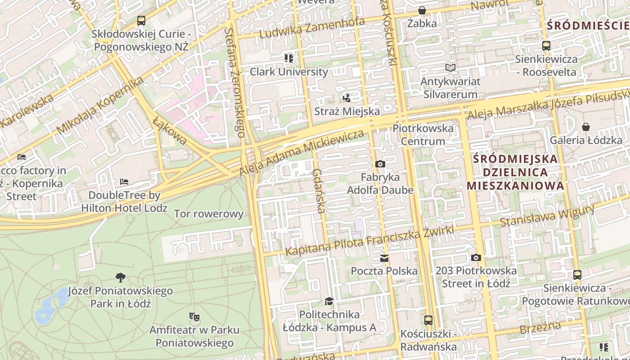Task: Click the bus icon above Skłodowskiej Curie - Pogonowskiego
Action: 141,21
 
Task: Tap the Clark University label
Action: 289,72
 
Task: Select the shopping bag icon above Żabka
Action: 422,10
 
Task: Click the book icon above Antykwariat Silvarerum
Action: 450,68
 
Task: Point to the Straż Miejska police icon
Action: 346,98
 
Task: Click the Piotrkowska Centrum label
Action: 423,135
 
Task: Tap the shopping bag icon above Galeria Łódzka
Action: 586,127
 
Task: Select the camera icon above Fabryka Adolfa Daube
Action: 380,164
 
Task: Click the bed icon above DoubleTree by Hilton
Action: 124,182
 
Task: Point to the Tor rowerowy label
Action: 208,214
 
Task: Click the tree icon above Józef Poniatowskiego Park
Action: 120,277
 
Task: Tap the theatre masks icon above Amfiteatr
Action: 194,317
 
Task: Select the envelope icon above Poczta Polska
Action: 384,258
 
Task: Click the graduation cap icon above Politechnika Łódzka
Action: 329,301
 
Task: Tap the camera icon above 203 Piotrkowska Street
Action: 476,258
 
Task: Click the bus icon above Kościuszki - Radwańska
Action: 428,320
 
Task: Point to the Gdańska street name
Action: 319,191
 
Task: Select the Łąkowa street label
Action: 170,131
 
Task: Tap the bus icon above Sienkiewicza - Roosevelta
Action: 546,45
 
